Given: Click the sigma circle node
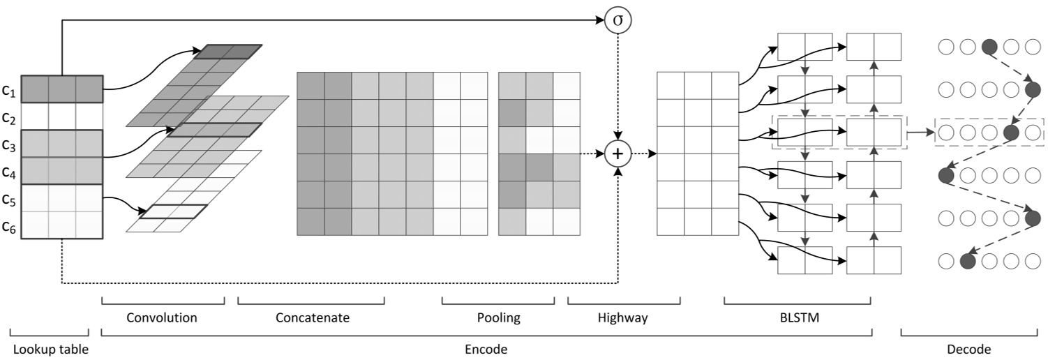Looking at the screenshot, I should [x=617, y=20].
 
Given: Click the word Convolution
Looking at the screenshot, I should [x=162, y=318].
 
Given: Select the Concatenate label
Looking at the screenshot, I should [x=312, y=318].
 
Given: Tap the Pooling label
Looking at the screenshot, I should [x=498, y=318].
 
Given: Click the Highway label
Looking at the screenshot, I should [x=623, y=318].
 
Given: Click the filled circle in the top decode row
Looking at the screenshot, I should [x=989, y=47].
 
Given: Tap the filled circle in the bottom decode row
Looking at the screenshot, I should [x=967, y=261].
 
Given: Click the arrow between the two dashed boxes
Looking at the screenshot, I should [x=920, y=130].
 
